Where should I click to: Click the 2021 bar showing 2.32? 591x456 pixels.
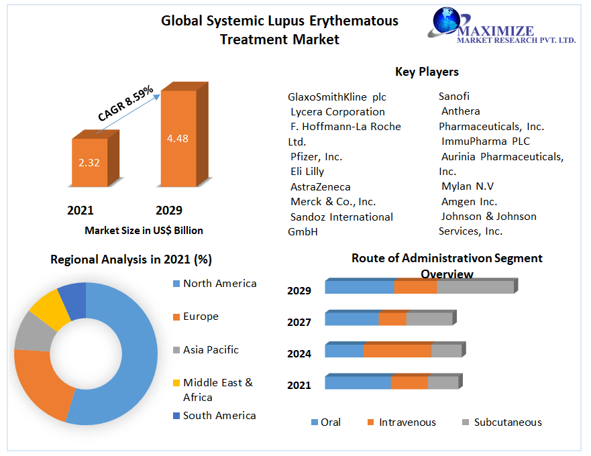pyautogui.click(x=89, y=162)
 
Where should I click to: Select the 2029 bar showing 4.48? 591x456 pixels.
pyautogui.click(x=178, y=138)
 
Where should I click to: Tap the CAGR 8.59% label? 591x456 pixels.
pyautogui.click(x=125, y=103)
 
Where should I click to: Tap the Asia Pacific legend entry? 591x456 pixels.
pyautogui.click(x=211, y=349)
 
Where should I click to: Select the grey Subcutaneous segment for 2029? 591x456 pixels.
pyautogui.click(x=475, y=287)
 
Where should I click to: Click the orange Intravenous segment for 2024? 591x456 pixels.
pyautogui.click(x=397, y=351)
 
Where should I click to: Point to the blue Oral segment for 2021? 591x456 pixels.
pyautogui.click(x=358, y=382)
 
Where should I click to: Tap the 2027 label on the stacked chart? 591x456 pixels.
pyautogui.click(x=299, y=322)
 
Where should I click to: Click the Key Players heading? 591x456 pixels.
pyautogui.click(x=427, y=72)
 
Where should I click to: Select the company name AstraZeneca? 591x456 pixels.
pyautogui.click(x=321, y=186)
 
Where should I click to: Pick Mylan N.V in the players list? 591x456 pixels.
pyautogui.click(x=468, y=186)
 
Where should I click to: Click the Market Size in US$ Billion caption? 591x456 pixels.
pyautogui.click(x=144, y=230)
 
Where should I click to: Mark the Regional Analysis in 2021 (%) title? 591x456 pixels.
pyautogui.click(x=131, y=260)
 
